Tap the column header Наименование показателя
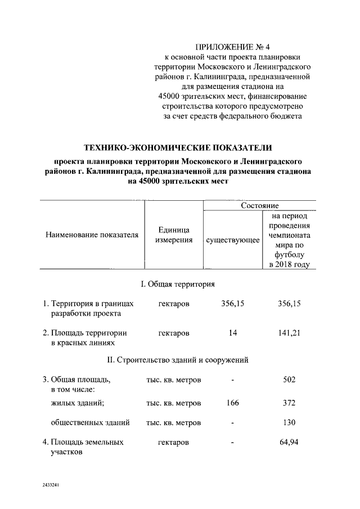(x=92, y=235)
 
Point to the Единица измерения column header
(x=173, y=235)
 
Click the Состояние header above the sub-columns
(x=260, y=206)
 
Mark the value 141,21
(x=289, y=333)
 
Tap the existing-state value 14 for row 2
(x=232, y=333)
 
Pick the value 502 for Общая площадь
(x=289, y=380)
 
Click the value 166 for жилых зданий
(x=232, y=403)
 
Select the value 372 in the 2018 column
(x=289, y=403)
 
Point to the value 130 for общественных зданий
(x=289, y=422)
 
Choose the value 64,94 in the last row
(x=289, y=442)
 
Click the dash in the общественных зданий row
(x=232, y=423)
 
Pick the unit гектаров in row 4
(x=173, y=443)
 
